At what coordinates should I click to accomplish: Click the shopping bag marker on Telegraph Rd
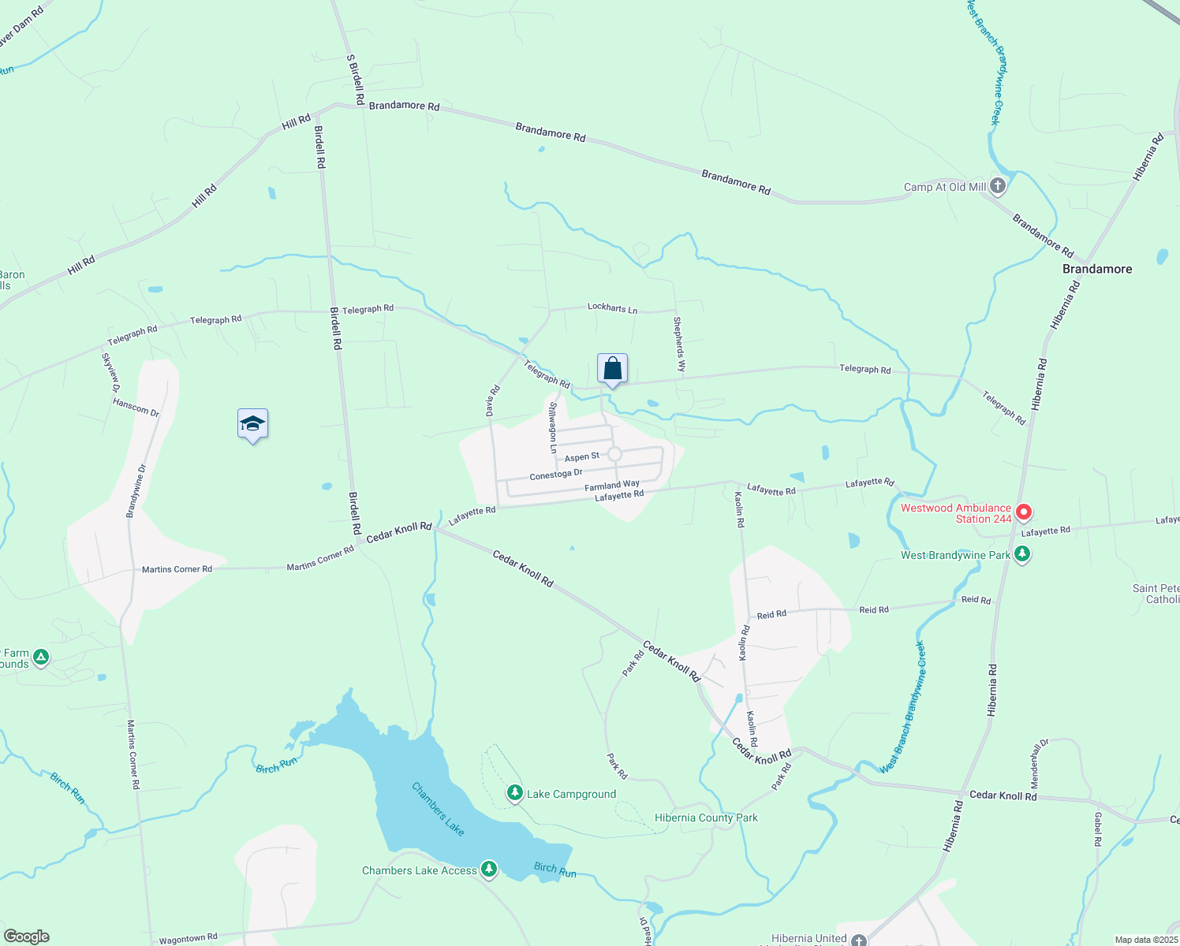tap(612, 369)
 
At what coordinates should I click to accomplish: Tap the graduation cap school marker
tap(252, 424)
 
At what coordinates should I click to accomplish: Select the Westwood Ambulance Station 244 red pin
tap(1024, 512)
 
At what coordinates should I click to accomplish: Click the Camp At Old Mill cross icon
tap(998, 186)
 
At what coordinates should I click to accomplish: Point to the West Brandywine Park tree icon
tap(1022, 554)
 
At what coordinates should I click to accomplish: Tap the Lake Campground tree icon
tap(515, 792)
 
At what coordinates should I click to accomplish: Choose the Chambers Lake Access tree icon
tap(489, 869)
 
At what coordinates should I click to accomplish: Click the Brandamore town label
tap(1096, 269)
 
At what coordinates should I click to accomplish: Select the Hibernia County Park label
tap(706, 818)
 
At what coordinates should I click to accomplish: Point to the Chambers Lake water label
tap(438, 808)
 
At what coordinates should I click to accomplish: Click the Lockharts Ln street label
tap(612, 307)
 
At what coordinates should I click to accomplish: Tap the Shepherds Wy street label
tap(679, 345)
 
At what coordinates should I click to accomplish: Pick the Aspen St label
tap(582, 456)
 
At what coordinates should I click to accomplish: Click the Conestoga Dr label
tap(555, 475)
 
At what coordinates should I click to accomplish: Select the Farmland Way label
tap(611, 485)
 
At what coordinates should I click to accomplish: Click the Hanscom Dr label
tap(136, 407)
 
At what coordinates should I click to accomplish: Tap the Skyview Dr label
tap(110, 372)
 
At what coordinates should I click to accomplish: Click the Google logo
tap(27, 937)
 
